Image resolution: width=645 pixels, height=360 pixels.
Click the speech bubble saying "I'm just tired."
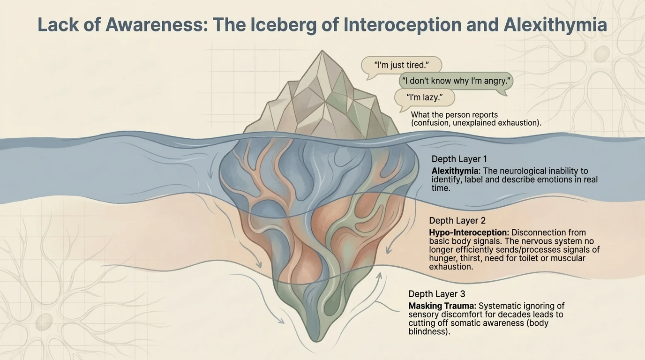[402, 65]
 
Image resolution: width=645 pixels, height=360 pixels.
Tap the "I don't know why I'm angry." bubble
[456, 81]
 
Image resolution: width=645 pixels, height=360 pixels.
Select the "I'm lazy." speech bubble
[424, 98]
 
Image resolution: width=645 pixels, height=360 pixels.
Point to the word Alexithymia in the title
[555, 25]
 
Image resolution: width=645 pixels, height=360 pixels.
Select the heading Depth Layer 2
[457, 220]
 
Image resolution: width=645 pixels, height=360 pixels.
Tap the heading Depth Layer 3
[437, 294]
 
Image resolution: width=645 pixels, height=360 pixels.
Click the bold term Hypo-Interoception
[469, 232]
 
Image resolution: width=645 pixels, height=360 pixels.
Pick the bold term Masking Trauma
[442, 306]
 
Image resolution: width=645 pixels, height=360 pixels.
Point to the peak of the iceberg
[322, 52]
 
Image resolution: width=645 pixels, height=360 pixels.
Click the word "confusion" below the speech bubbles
[434, 123]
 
